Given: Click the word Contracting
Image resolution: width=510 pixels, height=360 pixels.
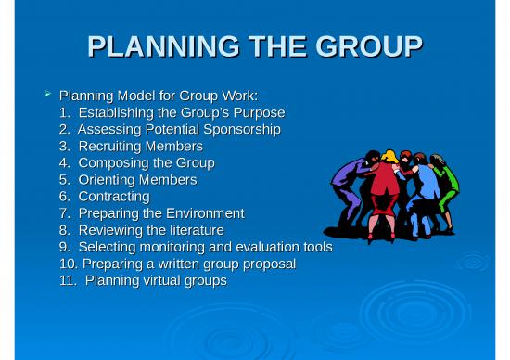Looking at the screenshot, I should (114, 196).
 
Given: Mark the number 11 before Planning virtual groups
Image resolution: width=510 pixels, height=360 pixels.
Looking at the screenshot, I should (67, 280).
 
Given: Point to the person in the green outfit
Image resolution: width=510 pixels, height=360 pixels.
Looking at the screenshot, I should (446, 186).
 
